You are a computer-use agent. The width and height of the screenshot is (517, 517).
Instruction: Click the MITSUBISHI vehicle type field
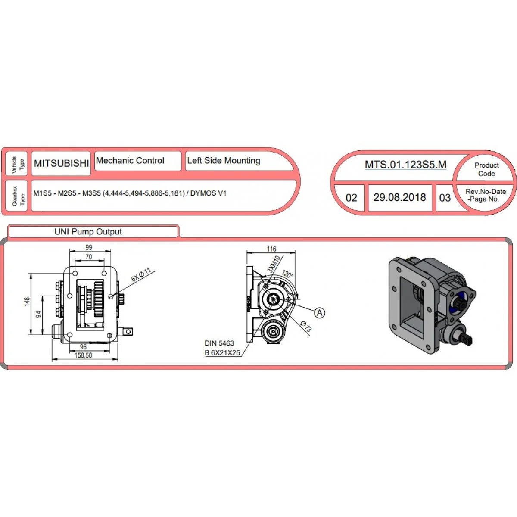click(x=61, y=163)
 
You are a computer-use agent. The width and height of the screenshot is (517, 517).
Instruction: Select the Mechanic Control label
click(x=130, y=160)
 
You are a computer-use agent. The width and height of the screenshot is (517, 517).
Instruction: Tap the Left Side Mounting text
click(x=224, y=160)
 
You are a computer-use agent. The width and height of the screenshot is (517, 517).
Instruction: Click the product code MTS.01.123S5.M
click(x=405, y=165)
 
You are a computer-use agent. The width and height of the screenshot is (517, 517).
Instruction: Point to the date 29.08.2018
click(x=400, y=197)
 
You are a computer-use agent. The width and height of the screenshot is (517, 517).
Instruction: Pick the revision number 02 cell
click(x=351, y=198)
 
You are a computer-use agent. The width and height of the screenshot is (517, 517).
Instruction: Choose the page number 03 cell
click(x=445, y=198)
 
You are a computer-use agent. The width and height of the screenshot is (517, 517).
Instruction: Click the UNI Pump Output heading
click(x=88, y=231)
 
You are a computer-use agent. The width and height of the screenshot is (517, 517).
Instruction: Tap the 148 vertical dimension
click(x=27, y=301)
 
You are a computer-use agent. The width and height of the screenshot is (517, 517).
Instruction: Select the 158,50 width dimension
click(x=83, y=355)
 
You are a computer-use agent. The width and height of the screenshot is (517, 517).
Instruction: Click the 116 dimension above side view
click(x=271, y=249)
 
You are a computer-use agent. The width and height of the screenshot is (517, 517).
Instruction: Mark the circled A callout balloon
click(x=320, y=312)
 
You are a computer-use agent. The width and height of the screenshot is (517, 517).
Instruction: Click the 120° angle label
click(x=288, y=274)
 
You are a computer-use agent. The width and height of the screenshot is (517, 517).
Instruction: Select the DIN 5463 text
click(x=219, y=343)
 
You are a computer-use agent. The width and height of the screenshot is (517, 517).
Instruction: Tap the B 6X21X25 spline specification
click(x=222, y=353)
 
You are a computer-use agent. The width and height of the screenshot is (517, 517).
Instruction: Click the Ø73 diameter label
click(x=306, y=326)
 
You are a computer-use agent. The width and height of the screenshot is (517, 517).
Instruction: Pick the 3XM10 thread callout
click(x=274, y=264)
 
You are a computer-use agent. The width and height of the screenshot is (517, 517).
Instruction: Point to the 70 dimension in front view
click(x=89, y=257)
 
